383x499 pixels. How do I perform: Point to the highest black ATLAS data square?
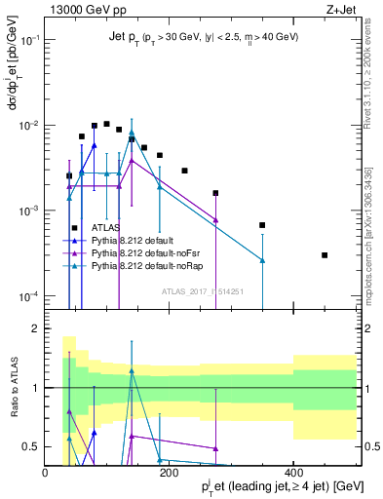pyautogui.click(x=106, y=124)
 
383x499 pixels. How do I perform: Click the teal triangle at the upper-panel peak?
pyautogui.click(x=132, y=133)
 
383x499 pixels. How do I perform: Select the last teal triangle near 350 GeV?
pyautogui.click(x=262, y=260)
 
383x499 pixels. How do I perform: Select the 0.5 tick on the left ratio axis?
pyautogui.click(x=30, y=447)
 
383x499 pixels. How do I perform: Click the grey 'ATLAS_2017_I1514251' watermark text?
pyautogui.click(x=203, y=290)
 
